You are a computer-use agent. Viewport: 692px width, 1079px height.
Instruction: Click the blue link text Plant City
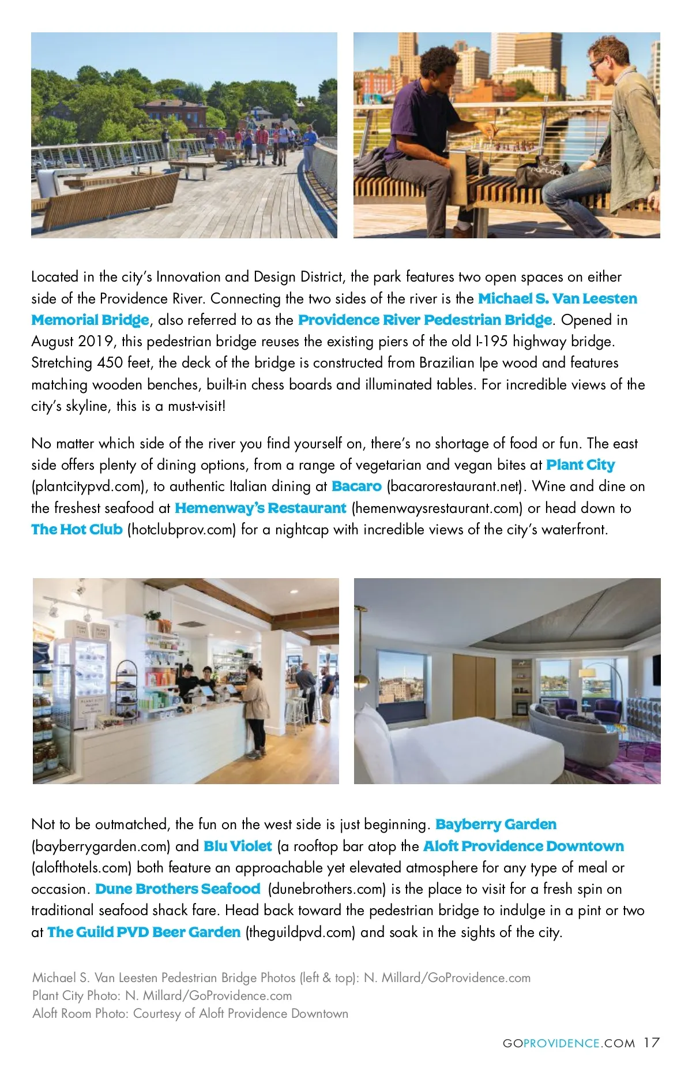tap(580, 465)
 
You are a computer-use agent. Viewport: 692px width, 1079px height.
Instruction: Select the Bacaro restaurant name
tap(356, 486)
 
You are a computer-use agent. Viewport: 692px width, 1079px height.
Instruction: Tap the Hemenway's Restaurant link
tap(260, 508)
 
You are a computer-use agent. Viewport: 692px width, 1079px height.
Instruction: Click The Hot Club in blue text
tap(77, 530)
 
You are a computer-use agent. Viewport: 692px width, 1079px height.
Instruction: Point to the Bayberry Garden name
tap(496, 825)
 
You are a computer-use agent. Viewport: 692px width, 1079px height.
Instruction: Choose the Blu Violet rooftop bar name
tap(238, 846)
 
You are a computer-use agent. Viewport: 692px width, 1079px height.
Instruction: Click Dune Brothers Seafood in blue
tap(178, 889)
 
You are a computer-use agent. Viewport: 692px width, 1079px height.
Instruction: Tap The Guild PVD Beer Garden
tap(144, 932)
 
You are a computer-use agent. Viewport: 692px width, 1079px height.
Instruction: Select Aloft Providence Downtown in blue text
tap(524, 846)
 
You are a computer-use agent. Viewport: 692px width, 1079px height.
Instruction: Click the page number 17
tap(652, 1043)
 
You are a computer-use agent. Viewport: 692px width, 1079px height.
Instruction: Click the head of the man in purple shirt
tap(438, 63)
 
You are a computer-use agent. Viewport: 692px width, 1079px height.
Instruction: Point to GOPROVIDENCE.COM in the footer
tap(569, 1044)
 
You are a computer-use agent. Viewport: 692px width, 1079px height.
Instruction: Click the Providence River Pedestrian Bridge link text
tap(425, 320)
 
